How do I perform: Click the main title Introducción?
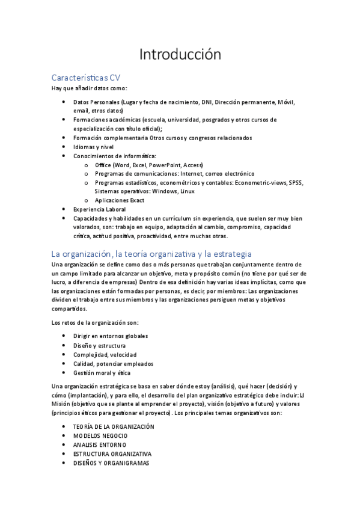(x=180, y=55)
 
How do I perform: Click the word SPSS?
(x=296, y=182)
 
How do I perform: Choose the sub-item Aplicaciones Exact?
(x=119, y=200)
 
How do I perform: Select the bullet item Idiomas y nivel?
(x=93, y=147)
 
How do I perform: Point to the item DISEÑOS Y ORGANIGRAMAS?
(x=111, y=463)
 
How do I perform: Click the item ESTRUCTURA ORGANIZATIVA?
(x=112, y=453)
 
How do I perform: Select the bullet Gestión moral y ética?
(x=102, y=373)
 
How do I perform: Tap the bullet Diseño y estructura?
(x=99, y=346)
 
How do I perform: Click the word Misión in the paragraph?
(x=63, y=405)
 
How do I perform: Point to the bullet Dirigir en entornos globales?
(x=111, y=336)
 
